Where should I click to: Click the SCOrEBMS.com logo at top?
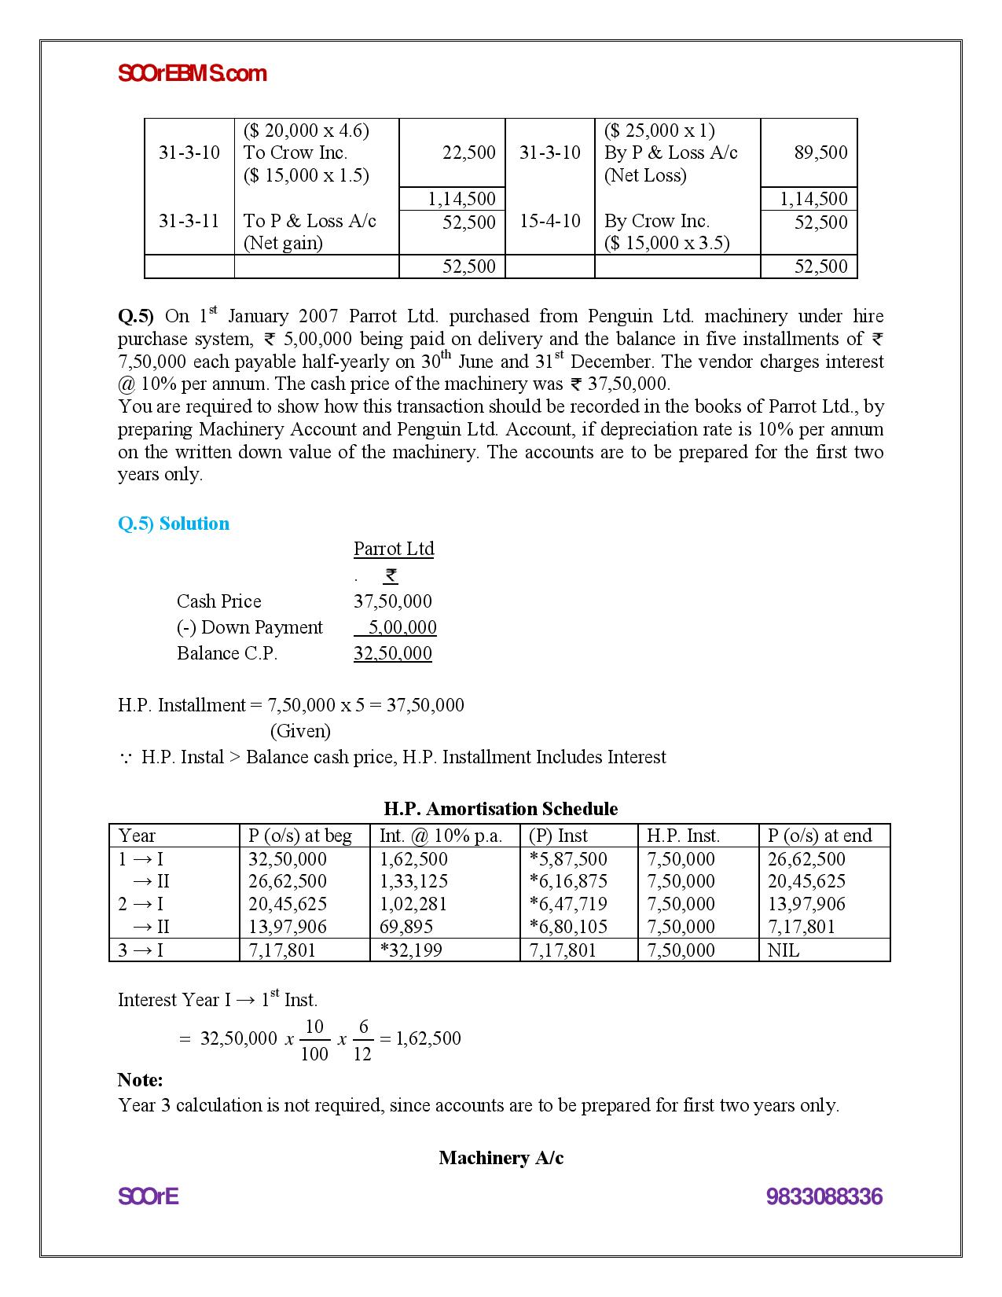click(192, 74)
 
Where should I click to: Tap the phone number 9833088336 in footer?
click(824, 1197)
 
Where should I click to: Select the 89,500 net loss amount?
click(820, 152)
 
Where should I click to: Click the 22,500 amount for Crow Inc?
click(468, 152)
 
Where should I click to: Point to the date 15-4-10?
click(549, 221)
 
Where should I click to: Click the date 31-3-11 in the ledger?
click(189, 221)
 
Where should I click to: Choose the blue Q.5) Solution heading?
click(174, 524)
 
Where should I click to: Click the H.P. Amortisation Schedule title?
click(501, 809)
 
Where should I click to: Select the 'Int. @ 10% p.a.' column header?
click(440, 836)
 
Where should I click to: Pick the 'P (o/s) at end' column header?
click(820, 836)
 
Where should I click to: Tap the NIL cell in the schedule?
click(783, 950)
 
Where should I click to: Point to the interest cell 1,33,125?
click(413, 881)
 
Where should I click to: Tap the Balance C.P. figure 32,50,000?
click(392, 653)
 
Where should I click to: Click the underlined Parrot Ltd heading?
click(393, 549)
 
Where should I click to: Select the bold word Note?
click(140, 1080)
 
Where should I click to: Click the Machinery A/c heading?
click(501, 1158)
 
